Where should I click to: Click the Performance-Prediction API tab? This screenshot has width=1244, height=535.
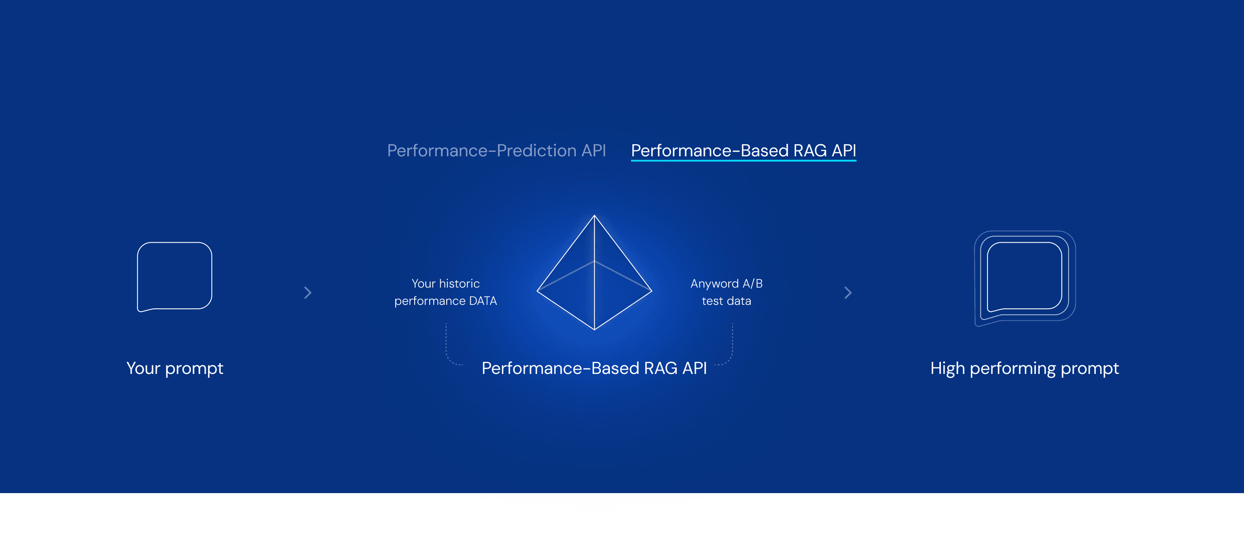pyautogui.click(x=496, y=151)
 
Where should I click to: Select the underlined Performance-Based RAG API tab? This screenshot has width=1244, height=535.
pyautogui.click(x=743, y=151)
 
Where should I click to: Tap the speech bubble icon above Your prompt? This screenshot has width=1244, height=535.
pyautogui.click(x=175, y=276)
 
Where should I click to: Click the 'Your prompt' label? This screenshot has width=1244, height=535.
pyautogui.click(x=175, y=368)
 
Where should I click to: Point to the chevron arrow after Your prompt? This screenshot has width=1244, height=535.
pyautogui.click(x=308, y=293)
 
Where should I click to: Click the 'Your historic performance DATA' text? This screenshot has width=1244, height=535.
pyautogui.click(x=445, y=292)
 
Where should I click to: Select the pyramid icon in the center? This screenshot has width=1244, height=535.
pyautogui.click(x=594, y=273)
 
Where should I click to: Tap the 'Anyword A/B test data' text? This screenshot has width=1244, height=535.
pyautogui.click(x=726, y=292)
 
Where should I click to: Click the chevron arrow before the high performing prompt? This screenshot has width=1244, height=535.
pyautogui.click(x=847, y=293)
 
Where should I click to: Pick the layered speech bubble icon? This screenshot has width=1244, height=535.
pyautogui.click(x=1024, y=277)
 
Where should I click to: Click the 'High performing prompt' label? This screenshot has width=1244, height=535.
pyautogui.click(x=1024, y=368)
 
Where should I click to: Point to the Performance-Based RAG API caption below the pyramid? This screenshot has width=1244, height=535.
pyautogui.click(x=594, y=368)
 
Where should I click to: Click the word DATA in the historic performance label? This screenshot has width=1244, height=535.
pyautogui.click(x=482, y=301)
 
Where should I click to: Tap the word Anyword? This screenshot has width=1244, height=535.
pyautogui.click(x=714, y=283)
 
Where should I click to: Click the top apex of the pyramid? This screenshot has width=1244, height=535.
pyautogui.click(x=594, y=216)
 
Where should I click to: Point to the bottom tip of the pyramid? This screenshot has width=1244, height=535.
pyautogui.click(x=594, y=329)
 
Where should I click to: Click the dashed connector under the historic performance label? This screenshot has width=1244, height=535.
pyautogui.click(x=447, y=348)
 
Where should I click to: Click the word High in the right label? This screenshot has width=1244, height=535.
pyautogui.click(x=947, y=368)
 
